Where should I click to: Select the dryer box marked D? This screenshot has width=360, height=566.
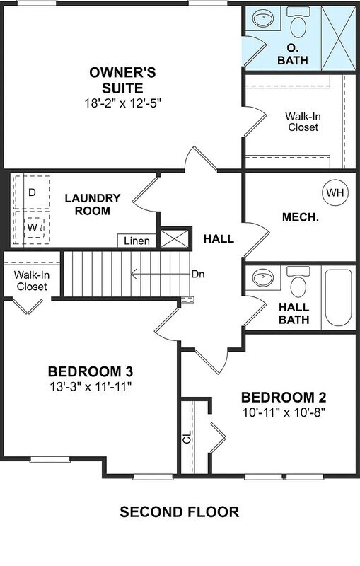pyautogui.click(x=32, y=192)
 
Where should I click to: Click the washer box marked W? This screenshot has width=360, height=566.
pyautogui.click(x=32, y=228)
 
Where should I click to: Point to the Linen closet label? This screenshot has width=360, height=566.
pyautogui.click(x=137, y=241)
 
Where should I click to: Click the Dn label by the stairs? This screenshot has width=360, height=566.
pyautogui.click(x=199, y=273)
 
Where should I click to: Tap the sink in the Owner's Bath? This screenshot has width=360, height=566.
pyautogui.click(x=264, y=18)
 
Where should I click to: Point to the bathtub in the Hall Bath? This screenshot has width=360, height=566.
pyautogui.click(x=339, y=299)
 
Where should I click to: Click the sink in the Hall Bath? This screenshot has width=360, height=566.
pyautogui.click(x=264, y=278)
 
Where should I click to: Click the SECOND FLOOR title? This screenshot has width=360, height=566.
pyautogui.click(x=179, y=512)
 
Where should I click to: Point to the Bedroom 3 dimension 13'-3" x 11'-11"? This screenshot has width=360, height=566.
pyautogui.click(x=90, y=386)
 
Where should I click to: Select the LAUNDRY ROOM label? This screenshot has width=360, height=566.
pyautogui.click(x=93, y=204)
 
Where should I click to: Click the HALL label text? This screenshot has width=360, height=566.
pyautogui.click(x=219, y=239)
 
